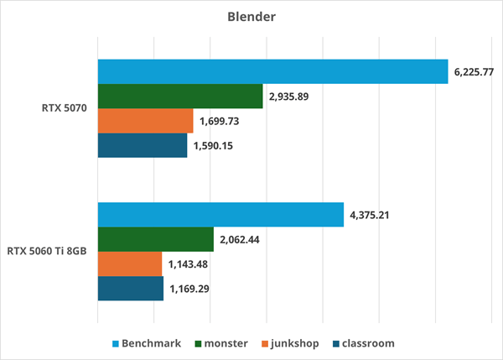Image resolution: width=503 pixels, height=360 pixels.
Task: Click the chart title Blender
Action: (x=251, y=17)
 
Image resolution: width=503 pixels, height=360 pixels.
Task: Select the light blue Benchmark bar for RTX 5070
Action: (x=273, y=71)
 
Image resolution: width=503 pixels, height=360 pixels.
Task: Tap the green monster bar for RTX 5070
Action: (x=180, y=97)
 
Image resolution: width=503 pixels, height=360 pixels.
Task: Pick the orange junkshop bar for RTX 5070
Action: (x=146, y=121)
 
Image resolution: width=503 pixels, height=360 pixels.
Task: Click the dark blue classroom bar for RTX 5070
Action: (x=143, y=145)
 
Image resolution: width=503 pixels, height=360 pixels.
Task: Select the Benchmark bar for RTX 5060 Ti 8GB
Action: (x=221, y=215)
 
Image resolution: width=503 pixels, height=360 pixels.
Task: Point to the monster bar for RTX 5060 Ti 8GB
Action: (x=156, y=239)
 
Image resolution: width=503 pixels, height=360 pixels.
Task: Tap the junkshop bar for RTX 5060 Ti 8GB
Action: (x=130, y=263)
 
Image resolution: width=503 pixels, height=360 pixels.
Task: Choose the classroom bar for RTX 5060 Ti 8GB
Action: (x=131, y=289)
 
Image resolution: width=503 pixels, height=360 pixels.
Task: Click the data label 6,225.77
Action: (x=474, y=72)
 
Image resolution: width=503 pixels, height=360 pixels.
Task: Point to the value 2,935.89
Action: (x=288, y=97)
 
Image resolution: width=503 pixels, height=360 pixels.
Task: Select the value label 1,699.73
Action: (x=220, y=122)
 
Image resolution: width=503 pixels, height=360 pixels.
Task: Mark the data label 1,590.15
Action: (x=213, y=146)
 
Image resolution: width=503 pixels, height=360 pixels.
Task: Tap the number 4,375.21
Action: (x=370, y=215)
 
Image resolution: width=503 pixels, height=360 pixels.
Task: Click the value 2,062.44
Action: (x=240, y=240)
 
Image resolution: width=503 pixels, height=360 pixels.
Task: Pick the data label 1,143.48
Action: (x=188, y=264)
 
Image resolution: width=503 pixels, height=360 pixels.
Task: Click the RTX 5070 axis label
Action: (x=65, y=108)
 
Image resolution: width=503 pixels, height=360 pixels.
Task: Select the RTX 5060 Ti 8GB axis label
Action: (x=47, y=251)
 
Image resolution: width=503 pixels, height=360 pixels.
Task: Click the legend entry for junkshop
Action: (x=290, y=343)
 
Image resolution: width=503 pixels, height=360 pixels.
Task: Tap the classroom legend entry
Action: (x=364, y=343)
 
